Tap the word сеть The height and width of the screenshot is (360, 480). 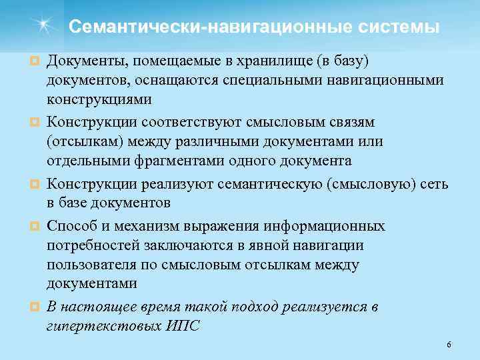pyautogui.click(x=434, y=184)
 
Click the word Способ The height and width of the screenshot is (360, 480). pyautogui.click(x=71, y=227)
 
